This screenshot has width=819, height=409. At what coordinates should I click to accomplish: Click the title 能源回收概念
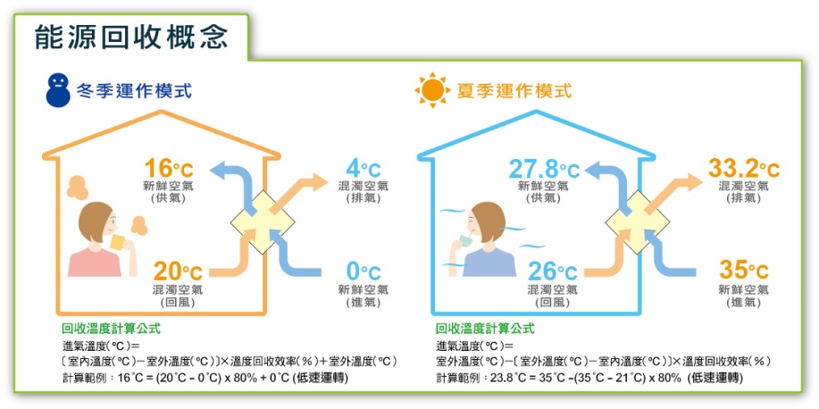131,38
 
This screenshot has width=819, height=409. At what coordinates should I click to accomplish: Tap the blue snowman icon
58,90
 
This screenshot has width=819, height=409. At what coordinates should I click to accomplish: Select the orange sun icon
432,90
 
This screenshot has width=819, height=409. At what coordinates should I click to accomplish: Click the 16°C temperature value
169,168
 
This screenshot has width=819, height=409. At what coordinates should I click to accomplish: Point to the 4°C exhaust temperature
364,169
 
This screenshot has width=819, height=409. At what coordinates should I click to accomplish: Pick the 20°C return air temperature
178,271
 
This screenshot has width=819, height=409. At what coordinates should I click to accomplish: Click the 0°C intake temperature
364,271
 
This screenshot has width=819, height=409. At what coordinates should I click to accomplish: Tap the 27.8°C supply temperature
544,169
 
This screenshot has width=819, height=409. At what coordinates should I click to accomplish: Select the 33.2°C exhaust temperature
743,169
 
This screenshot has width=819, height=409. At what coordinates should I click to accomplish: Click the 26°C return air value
552,271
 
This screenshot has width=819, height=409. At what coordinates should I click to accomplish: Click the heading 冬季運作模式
135,91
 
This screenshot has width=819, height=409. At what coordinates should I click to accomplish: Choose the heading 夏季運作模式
514,91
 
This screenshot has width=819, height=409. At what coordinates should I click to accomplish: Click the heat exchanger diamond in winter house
263,222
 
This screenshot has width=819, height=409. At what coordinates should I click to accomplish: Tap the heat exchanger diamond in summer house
637,222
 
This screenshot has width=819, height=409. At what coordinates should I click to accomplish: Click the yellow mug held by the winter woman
118,242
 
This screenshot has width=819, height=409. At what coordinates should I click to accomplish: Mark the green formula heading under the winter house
112,329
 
